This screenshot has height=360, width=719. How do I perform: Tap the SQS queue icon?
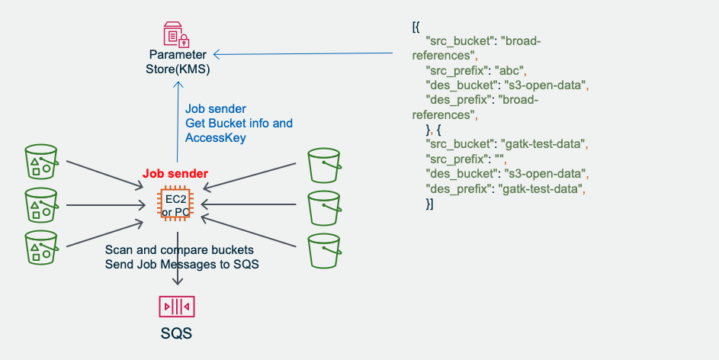click(177, 307)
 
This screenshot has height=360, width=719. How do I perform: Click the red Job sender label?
click(175, 174)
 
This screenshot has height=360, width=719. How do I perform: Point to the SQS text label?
click(177, 334)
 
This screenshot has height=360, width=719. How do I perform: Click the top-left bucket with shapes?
click(40, 162)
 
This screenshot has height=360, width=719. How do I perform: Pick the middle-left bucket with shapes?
click(40, 204)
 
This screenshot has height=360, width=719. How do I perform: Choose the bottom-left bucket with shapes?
click(40, 247)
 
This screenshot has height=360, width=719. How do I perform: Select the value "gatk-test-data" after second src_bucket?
click(545, 143)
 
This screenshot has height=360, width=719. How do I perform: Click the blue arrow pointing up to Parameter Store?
click(177, 122)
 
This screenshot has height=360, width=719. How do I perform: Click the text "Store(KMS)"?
click(178, 69)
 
